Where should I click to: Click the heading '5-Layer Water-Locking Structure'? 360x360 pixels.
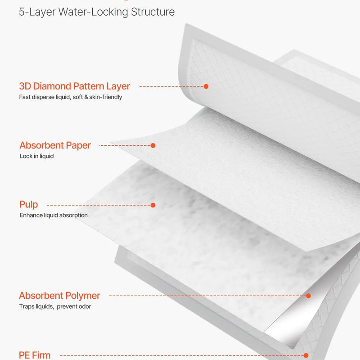[x=97, y=12]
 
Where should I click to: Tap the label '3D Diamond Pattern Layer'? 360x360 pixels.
[x=74, y=86]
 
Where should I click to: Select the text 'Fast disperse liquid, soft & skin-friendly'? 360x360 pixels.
[x=71, y=97]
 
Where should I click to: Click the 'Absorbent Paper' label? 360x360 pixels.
[x=55, y=145]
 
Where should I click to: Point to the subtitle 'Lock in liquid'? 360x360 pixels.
[x=37, y=156]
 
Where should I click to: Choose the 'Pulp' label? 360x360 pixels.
[x=29, y=205]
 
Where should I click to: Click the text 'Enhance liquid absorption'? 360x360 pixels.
[x=54, y=215]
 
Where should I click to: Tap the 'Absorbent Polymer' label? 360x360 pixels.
[x=59, y=296]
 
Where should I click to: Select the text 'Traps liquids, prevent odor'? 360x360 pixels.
[x=55, y=306]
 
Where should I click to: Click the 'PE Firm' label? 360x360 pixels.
[x=35, y=355]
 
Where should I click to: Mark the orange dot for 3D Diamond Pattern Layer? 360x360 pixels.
[x=206, y=86]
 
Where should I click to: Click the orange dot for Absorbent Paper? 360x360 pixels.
[x=153, y=145]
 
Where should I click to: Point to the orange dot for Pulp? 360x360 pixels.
[x=153, y=205]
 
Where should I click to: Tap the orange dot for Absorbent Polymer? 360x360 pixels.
[x=309, y=296]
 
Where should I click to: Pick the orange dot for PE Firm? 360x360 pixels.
[x=306, y=355]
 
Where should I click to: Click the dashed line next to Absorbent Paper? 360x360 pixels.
[x=125, y=145]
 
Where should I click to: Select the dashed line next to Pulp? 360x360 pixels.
[x=99, y=205]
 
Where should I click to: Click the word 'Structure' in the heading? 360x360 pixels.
[x=153, y=12]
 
